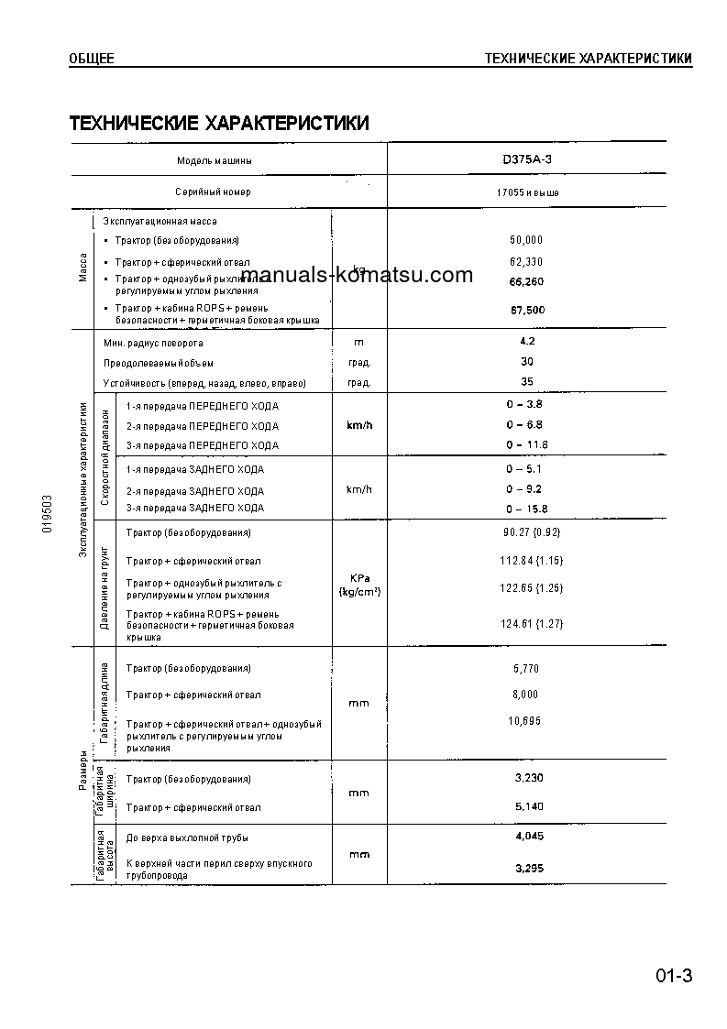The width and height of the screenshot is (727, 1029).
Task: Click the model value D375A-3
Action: coord(526,159)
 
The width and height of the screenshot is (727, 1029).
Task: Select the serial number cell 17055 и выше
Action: coord(526,192)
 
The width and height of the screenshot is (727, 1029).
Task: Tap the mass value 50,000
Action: coord(526,240)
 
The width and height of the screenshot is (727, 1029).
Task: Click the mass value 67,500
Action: coord(527,310)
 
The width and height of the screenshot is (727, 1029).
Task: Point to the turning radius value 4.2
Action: coord(526,341)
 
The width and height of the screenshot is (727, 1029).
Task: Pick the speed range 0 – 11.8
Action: coord(526,445)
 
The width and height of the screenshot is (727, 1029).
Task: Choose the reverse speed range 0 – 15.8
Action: coord(526,509)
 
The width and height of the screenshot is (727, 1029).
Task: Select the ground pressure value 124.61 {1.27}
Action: coord(532,624)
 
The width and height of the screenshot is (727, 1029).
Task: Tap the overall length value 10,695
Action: coord(525,721)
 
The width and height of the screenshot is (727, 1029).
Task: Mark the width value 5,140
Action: coord(530,806)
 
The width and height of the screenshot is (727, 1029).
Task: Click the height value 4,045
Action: coord(530,837)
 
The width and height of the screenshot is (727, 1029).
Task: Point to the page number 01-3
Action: coord(673,975)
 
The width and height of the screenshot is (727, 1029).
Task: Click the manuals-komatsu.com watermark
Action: coord(360,276)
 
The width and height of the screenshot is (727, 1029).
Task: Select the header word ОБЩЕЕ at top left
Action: coord(92,60)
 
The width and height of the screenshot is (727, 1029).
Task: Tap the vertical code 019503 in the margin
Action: coord(48,516)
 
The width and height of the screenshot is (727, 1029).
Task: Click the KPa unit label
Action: coord(358,577)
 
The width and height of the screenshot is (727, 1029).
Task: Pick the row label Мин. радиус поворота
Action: coord(153,343)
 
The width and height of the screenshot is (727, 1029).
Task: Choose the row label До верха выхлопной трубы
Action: coord(187,838)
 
